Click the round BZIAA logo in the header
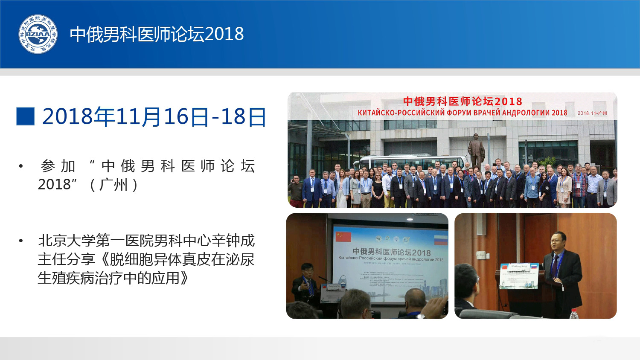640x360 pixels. coord(38,34)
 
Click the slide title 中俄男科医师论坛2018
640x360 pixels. coord(157,34)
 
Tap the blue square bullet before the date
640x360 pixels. coord(25,116)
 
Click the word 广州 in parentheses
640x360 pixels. coord(113,185)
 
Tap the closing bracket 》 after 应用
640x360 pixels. coord(184,278)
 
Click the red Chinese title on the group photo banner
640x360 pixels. coord(463,102)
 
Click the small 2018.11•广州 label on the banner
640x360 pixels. coord(592,113)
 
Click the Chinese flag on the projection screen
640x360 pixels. coord(343,237)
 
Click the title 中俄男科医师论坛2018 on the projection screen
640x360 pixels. coord(391,252)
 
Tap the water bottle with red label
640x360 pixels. coord(574,314)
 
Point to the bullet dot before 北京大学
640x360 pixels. coord(20,241)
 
